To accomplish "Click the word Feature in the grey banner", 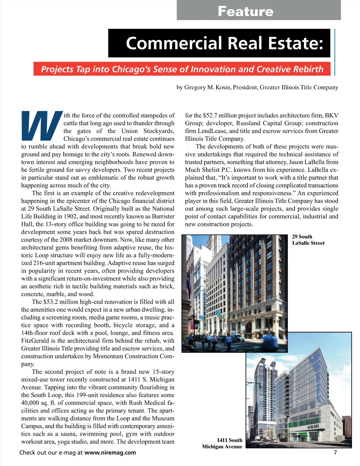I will [x=245, y=11].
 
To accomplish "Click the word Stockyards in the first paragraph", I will [x=159, y=131].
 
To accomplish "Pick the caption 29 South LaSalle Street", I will [x=308, y=240].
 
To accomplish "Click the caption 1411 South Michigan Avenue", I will [x=222, y=443].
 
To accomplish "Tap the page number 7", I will [x=335, y=452].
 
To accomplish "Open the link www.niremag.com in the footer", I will [x=110, y=452].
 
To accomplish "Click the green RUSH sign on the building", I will [x=313, y=426].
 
